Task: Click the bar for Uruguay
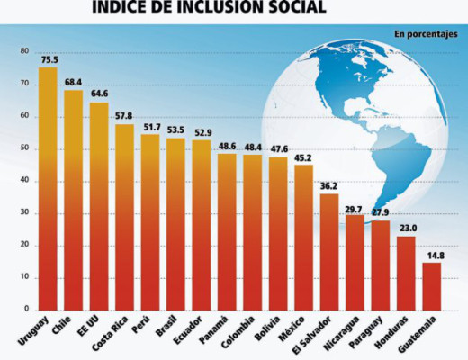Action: (48, 189)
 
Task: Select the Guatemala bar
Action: (432, 286)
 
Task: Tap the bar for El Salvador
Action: (329, 252)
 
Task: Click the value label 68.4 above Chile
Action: (74, 83)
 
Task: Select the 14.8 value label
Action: (432, 255)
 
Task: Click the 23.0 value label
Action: (407, 229)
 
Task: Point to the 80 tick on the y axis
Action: (24, 51)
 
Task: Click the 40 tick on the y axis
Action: (24, 181)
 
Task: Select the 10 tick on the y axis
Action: (24, 278)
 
